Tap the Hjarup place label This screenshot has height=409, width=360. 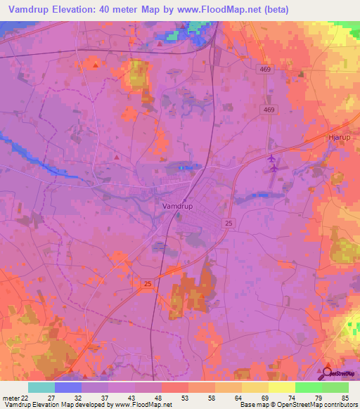click(340, 137)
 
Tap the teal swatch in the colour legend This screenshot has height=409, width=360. click(41, 387)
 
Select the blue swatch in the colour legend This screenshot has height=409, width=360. click(68, 387)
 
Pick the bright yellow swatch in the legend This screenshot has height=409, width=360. click(282, 387)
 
